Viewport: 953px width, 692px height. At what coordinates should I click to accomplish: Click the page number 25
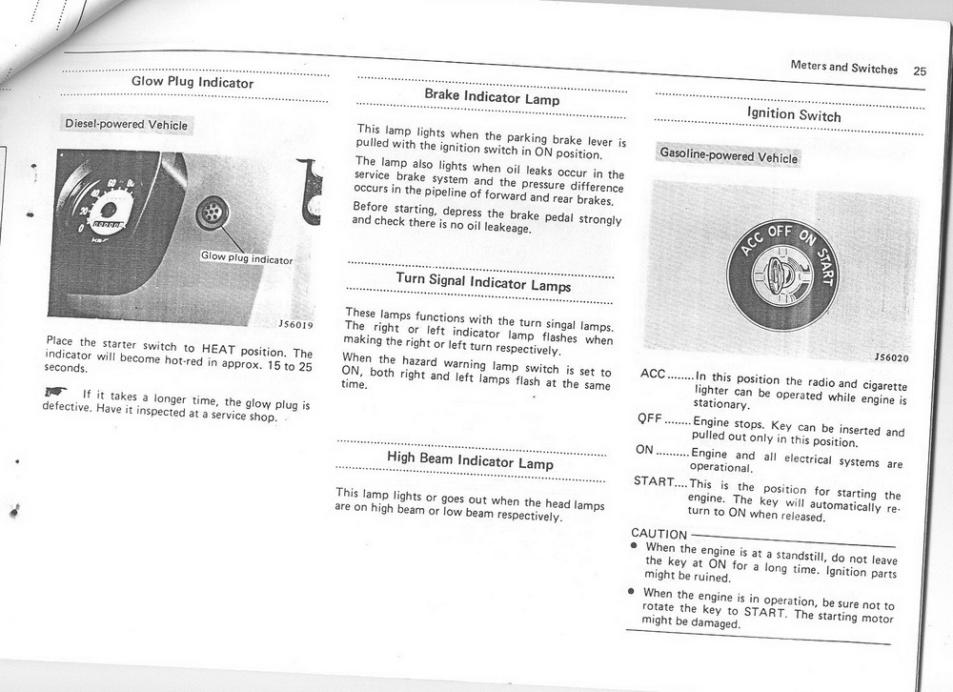coord(919,71)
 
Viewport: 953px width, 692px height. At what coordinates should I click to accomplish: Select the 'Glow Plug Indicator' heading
coord(193,83)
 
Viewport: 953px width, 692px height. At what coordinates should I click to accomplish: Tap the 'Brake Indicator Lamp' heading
coord(492,97)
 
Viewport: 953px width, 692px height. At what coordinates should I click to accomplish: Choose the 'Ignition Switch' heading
coord(794,114)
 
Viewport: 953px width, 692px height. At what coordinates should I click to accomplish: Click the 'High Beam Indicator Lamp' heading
coord(470,461)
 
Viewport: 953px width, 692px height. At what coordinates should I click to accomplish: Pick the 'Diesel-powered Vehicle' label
coord(126,125)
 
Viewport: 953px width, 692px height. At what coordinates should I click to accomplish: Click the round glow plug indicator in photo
coord(211,214)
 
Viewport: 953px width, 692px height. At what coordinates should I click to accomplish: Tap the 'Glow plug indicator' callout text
coord(246,258)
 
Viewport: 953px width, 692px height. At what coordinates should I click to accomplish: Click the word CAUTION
coord(659,534)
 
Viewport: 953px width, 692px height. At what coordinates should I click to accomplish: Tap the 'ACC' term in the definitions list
coord(653,373)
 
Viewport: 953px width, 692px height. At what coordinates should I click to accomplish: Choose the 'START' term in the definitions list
coord(654,481)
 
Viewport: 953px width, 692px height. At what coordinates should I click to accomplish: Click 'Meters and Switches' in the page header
coord(843,68)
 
